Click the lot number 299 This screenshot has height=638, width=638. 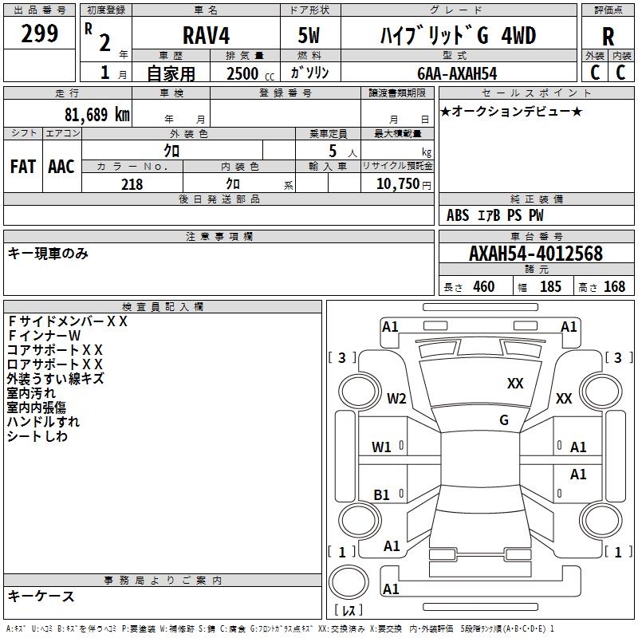[x=39, y=34]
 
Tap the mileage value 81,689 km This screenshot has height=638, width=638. [x=93, y=114]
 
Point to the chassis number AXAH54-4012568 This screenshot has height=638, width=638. [x=535, y=254]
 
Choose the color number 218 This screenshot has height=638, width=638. [x=132, y=184]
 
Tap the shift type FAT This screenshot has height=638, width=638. [x=22, y=166]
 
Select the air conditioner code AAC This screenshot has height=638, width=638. [x=61, y=166]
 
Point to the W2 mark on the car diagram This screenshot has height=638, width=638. [x=396, y=399]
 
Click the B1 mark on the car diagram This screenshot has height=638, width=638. [x=382, y=495]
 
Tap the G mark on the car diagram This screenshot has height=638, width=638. [x=504, y=420]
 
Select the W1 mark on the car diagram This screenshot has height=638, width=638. [x=382, y=447]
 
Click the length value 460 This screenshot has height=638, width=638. [x=483, y=287]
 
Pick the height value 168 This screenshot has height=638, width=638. [x=614, y=287]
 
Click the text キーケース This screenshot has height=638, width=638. [x=41, y=597]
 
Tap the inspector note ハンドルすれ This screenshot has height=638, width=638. [x=43, y=422]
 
